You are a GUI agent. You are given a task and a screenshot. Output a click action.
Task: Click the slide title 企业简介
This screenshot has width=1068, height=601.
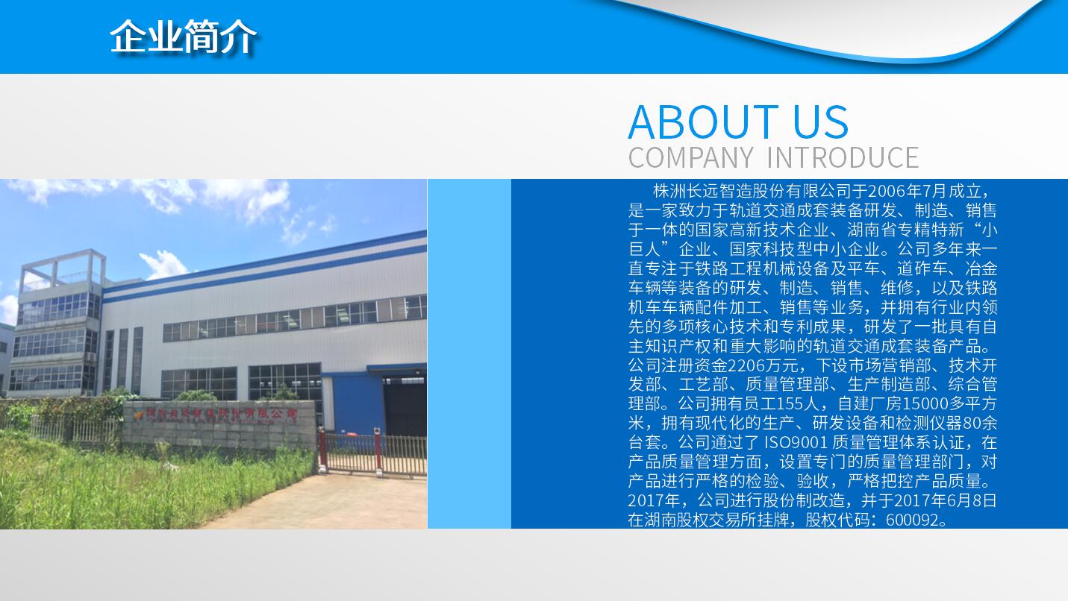click(183, 37)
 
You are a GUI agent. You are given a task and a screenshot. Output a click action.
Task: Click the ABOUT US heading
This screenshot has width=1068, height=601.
click(738, 122)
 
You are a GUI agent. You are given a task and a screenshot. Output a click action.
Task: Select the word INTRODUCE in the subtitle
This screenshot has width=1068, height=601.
click(843, 157)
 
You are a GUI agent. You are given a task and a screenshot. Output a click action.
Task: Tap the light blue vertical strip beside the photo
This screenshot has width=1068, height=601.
click(469, 353)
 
